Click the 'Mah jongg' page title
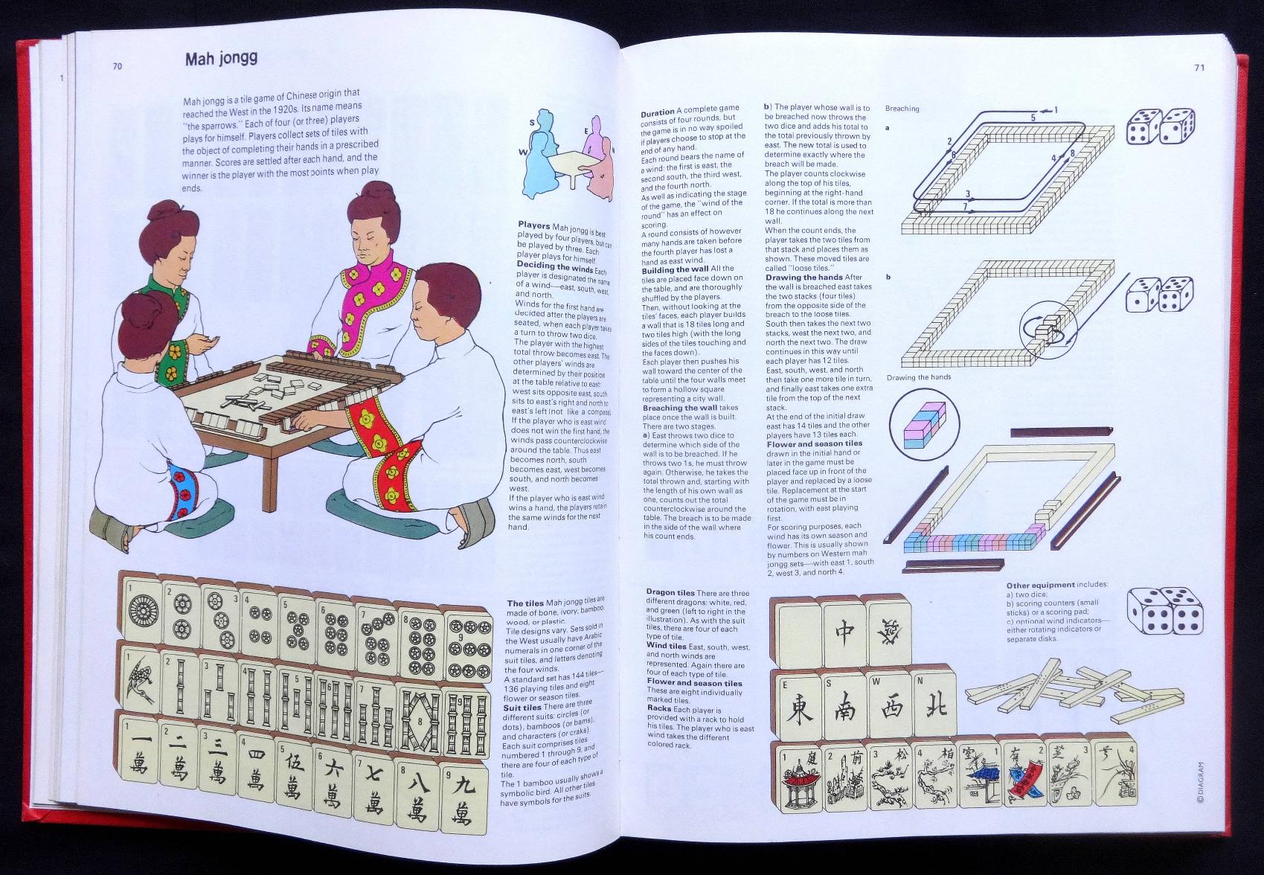221,58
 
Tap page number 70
118,66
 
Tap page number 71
1199,68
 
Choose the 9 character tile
463,802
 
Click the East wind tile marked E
797,705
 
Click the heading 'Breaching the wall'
690,408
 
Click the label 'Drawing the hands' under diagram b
918,377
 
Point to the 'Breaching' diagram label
902,109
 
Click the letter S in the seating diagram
532,124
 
